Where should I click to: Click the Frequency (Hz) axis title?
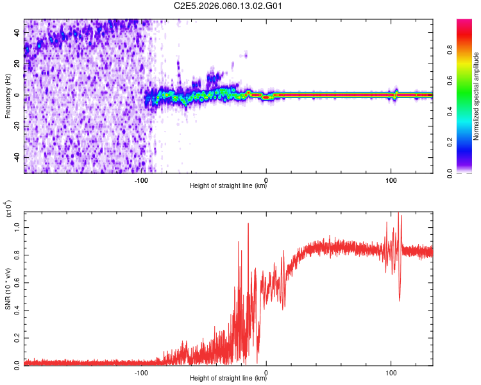coord(8,96)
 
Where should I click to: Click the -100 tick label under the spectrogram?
coord(142,180)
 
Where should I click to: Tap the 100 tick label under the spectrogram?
coord(391,180)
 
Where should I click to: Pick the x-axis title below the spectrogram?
coord(228,187)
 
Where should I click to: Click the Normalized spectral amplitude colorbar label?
coord(476,96)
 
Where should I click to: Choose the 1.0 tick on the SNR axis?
coord(17,228)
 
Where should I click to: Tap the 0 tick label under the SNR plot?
coord(266,372)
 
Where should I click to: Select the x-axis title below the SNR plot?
coord(228,379)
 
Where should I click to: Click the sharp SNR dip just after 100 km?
coord(400,299)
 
